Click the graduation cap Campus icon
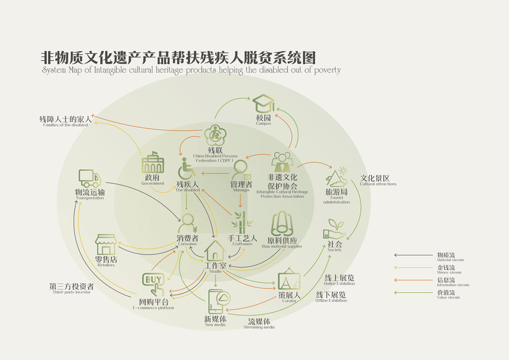point(264,103)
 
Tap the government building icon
point(152,163)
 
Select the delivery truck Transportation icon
point(89,178)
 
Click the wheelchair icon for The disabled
point(187,169)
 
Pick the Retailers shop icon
point(106,244)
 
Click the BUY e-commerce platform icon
point(152,281)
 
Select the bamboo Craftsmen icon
point(242,223)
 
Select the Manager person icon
point(241,170)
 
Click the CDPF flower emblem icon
point(214,135)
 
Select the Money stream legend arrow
point(414,268)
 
